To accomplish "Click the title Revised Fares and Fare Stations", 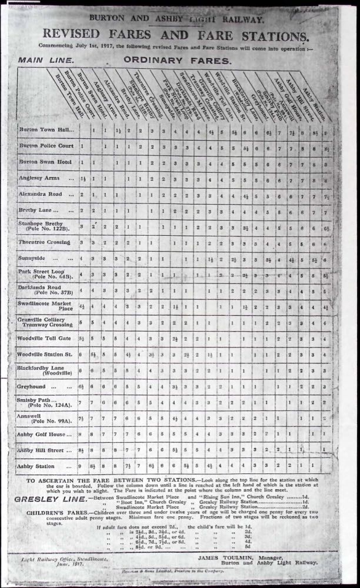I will tap(180, 34).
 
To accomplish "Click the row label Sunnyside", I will tap(35, 257).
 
